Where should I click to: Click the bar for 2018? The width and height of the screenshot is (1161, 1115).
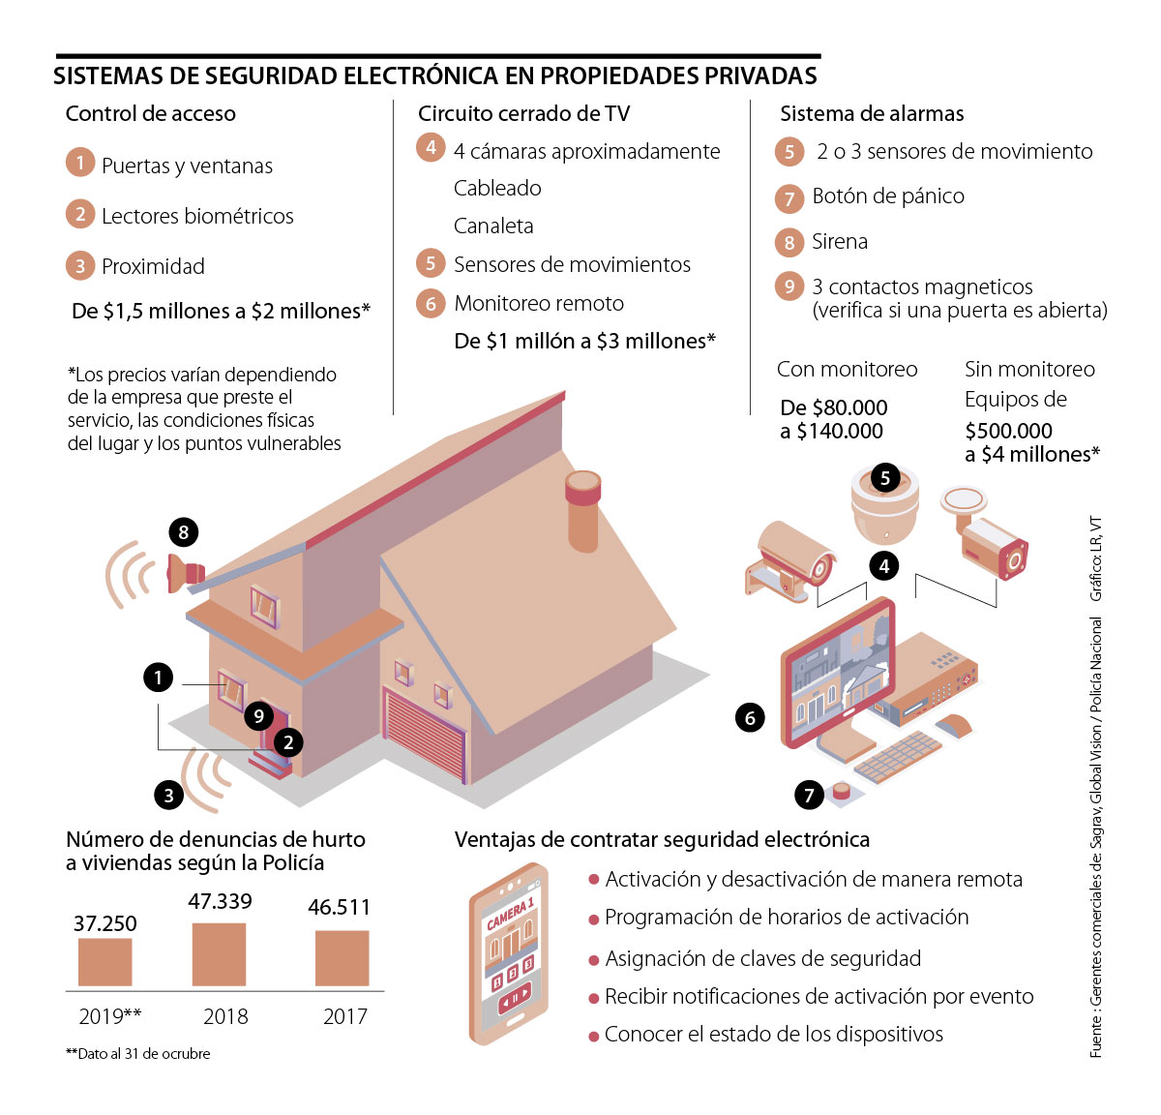click(219, 953)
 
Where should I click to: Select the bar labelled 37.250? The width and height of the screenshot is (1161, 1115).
click(105, 962)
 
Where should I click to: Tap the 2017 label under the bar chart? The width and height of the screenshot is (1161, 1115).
click(344, 1016)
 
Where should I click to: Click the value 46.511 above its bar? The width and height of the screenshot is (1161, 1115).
click(339, 907)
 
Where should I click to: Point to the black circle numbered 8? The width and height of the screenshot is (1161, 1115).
click(184, 531)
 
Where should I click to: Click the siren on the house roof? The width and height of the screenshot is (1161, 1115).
click(186, 573)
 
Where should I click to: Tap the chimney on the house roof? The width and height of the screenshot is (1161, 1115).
click(582, 510)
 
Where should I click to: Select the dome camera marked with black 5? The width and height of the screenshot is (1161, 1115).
click(884, 505)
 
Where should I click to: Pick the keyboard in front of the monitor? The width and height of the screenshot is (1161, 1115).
click(898, 757)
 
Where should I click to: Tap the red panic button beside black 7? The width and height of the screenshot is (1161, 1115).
click(842, 792)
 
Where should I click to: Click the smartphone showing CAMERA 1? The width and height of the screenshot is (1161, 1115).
click(508, 952)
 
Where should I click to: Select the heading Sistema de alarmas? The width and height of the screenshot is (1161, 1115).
click(872, 113)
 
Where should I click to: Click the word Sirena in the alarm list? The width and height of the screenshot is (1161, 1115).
click(840, 242)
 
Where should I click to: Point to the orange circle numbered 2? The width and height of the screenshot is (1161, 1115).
click(80, 214)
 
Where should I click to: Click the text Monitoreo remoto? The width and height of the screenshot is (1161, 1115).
click(539, 303)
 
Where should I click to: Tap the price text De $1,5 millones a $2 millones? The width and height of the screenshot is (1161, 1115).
click(221, 311)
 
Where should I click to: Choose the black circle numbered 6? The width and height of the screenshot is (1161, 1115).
click(750, 717)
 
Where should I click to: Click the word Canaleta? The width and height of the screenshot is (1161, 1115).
click(493, 226)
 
